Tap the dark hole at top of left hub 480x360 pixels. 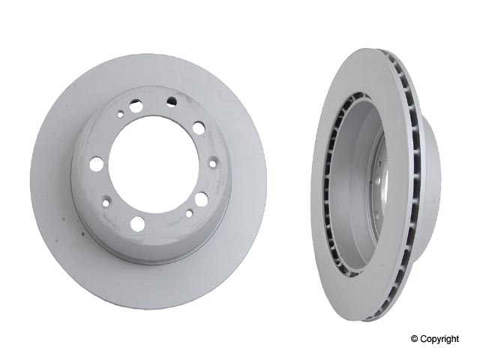coord(172,100)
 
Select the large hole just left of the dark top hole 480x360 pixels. coord(136,106)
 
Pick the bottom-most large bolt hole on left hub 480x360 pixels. coord(136,223)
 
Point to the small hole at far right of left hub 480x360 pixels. coord(213,162)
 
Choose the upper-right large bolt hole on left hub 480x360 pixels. coord(198,127)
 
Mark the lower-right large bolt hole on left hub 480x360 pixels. coord(201,198)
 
